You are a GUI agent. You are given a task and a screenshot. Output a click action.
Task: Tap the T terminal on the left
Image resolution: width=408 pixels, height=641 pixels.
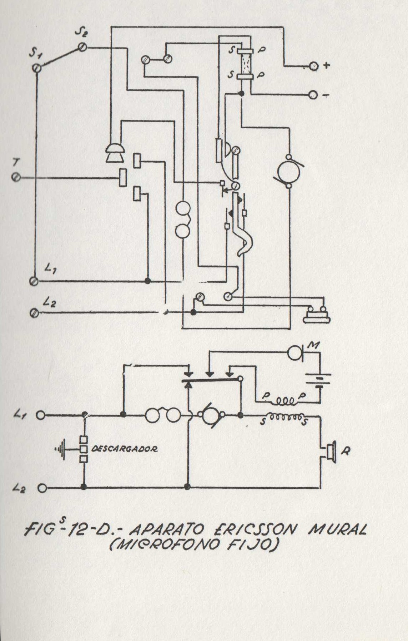16,177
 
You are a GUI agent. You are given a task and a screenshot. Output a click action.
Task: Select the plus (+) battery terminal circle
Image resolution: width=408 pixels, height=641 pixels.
314,66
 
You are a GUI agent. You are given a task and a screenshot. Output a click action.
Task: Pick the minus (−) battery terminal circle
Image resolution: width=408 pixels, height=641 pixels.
314,95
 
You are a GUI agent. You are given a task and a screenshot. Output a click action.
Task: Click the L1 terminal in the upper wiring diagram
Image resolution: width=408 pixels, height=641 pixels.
34,281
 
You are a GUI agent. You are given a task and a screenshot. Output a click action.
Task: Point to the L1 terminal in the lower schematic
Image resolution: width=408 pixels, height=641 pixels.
41,415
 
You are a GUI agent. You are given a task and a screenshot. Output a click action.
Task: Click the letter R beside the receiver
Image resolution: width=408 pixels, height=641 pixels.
344,451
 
